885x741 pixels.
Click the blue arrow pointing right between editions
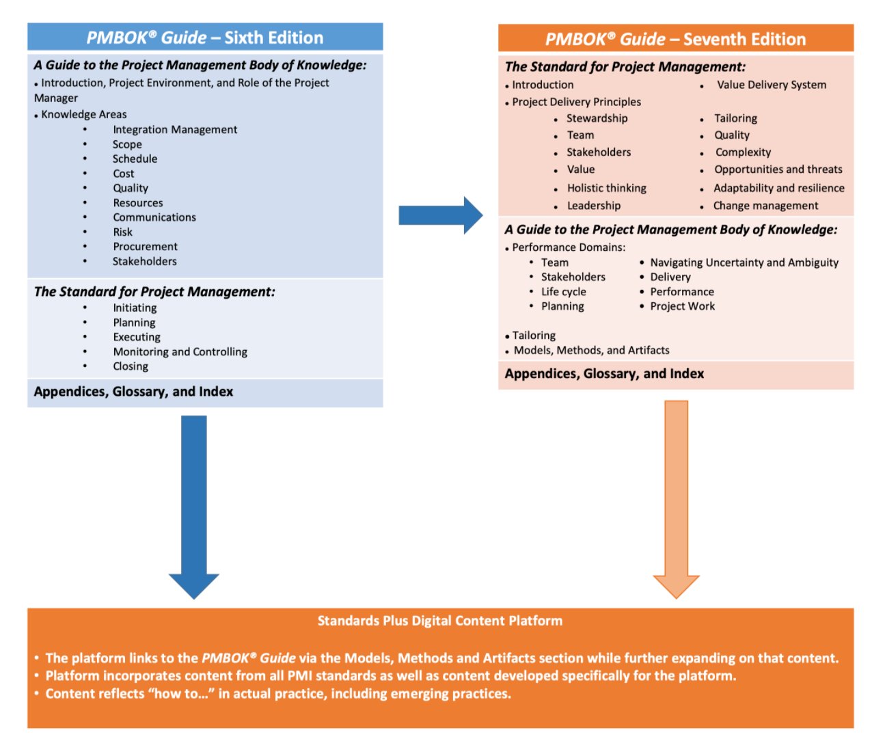pyautogui.click(x=440, y=215)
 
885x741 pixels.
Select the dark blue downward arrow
pyautogui.click(x=194, y=506)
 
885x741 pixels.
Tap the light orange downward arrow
pyautogui.click(x=676, y=499)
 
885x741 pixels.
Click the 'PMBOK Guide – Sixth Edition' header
pyautogui.click(x=205, y=38)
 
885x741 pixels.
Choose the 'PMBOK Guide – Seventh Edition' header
pyautogui.click(x=675, y=39)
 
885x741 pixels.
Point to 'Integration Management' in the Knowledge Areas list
pyautogui.click(x=175, y=129)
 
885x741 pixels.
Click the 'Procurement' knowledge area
pyautogui.click(x=145, y=246)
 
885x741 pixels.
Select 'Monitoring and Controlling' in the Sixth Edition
pyautogui.click(x=180, y=351)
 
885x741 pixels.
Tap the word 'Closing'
pyautogui.click(x=131, y=366)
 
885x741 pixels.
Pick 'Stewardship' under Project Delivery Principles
pyautogui.click(x=597, y=118)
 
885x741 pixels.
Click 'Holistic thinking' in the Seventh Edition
pyautogui.click(x=606, y=188)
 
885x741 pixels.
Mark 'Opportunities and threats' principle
pyautogui.click(x=778, y=170)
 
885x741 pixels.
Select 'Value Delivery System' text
pyautogui.click(x=771, y=85)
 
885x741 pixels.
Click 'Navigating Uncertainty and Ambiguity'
pyautogui.click(x=744, y=262)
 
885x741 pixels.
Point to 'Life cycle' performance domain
pyautogui.click(x=563, y=292)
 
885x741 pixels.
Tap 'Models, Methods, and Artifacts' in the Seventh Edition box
pyautogui.click(x=591, y=350)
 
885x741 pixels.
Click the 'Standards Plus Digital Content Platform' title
pyautogui.click(x=439, y=621)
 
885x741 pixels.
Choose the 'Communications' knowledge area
pyautogui.click(x=154, y=217)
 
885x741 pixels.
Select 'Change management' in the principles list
pyautogui.click(x=765, y=206)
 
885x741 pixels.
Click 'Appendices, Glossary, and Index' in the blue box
pyautogui.click(x=134, y=392)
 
